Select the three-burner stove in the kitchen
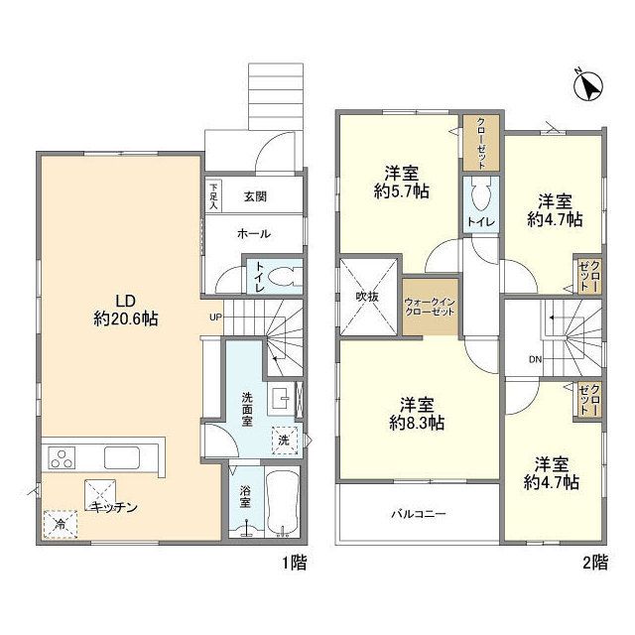pyautogui.click(x=63, y=459)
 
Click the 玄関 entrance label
pyautogui.click(x=256, y=195)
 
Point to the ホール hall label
pyautogui.click(x=254, y=233)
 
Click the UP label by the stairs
pyautogui.click(x=214, y=317)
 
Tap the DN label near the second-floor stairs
pyautogui.click(x=534, y=359)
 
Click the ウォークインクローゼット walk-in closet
pyautogui.click(x=430, y=305)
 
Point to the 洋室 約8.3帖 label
pyautogui.click(x=416, y=413)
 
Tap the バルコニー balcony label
pyautogui.click(x=417, y=515)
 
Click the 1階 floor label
pyautogui.click(x=294, y=563)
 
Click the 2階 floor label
pyautogui.click(x=594, y=563)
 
